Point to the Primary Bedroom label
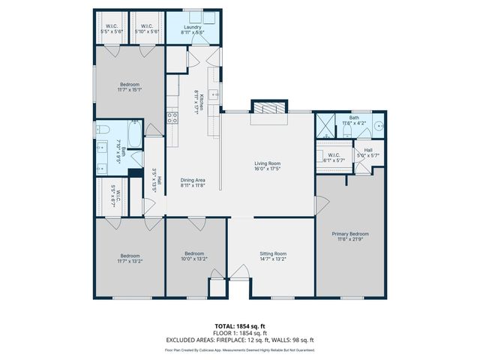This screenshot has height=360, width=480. (x=350, y=234)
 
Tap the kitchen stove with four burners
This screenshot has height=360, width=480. (x=172, y=117)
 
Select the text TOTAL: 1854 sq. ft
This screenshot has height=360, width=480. (x=240, y=325)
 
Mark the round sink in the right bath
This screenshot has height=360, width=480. (x=379, y=126)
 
